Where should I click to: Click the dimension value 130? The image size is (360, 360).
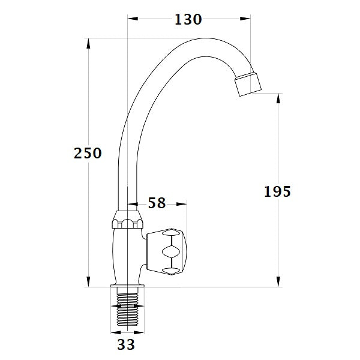(x=188, y=19)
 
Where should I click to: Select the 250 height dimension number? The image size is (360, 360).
(x=88, y=153)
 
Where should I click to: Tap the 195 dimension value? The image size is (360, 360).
(x=277, y=191)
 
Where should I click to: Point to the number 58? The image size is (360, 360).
(x=157, y=203)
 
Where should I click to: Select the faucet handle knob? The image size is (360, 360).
(x=170, y=251)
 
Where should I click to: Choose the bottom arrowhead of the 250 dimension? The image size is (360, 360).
(x=89, y=283)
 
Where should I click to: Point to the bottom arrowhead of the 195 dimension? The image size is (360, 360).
(x=278, y=283)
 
